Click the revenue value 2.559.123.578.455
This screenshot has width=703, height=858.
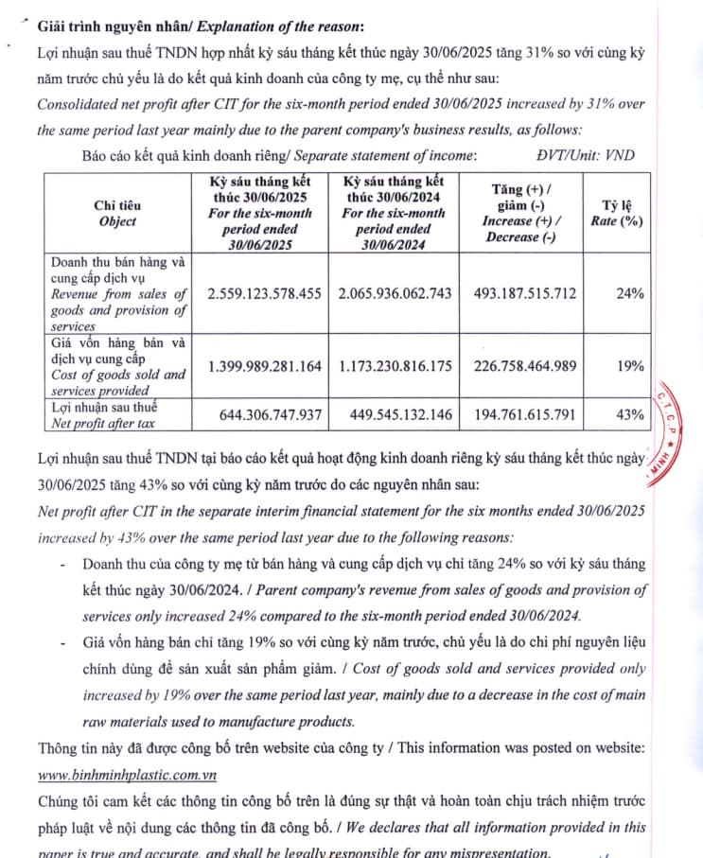pyautogui.click(x=264, y=293)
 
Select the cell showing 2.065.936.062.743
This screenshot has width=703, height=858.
pyautogui.click(x=396, y=293)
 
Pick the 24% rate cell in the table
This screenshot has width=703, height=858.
pyautogui.click(x=629, y=293)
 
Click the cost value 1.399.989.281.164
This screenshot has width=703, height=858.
pyautogui.click(x=264, y=366)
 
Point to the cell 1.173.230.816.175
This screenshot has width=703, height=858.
pyautogui.click(x=396, y=366)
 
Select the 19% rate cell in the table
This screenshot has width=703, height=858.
pyautogui.click(x=629, y=366)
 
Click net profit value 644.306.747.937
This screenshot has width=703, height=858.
pyautogui.click(x=264, y=414)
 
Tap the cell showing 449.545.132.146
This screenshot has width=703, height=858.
pyautogui.click(x=396, y=414)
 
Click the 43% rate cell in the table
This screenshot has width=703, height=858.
pyautogui.click(x=629, y=414)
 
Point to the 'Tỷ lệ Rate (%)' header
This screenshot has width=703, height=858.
pyautogui.click(x=623, y=213)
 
